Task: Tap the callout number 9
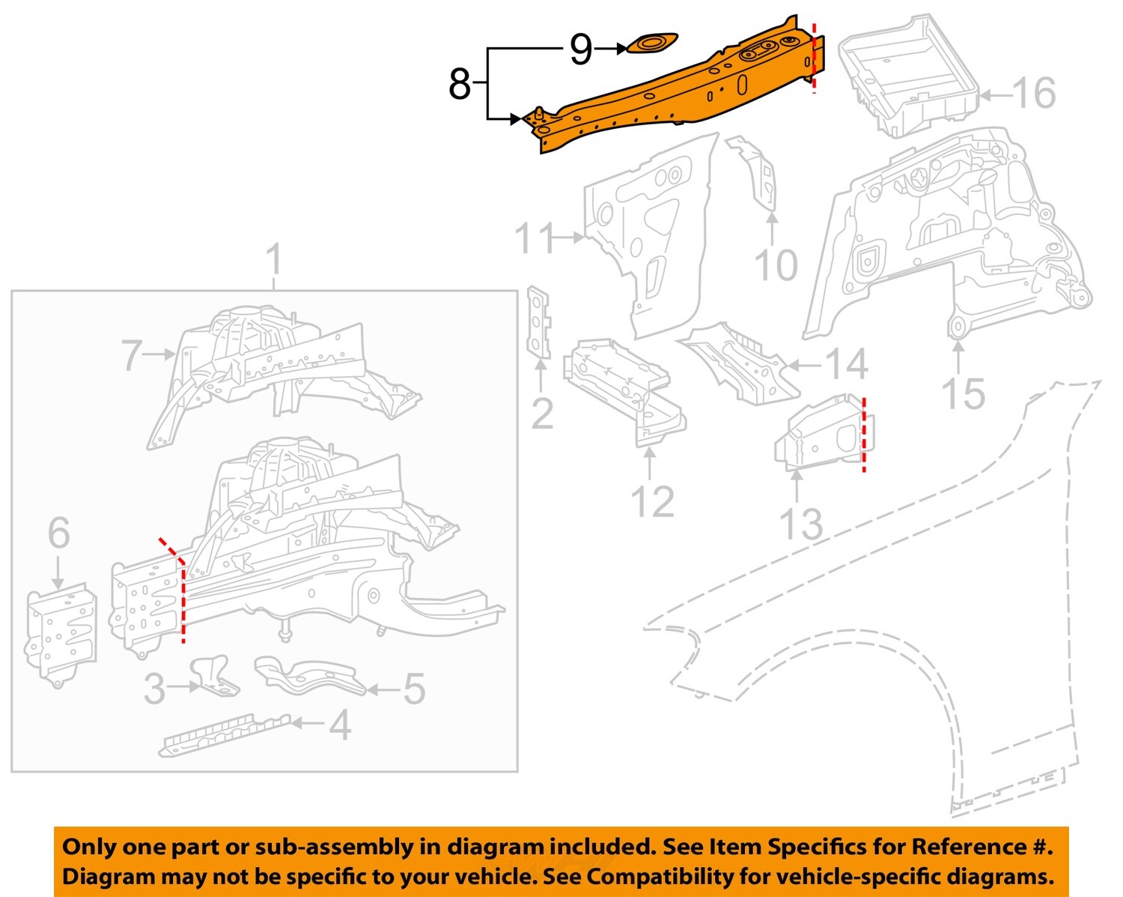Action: pyautogui.click(x=581, y=49)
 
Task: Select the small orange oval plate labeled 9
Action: pyautogui.click(x=651, y=43)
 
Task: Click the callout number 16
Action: pyautogui.click(x=1034, y=94)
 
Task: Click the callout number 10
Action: pyautogui.click(x=776, y=265)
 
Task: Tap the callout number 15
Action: pyautogui.click(x=962, y=394)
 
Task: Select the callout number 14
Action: pyautogui.click(x=846, y=365)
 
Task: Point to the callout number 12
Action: pyautogui.click(x=652, y=501)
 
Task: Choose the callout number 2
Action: pyautogui.click(x=541, y=414)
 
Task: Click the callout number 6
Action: pyautogui.click(x=58, y=533)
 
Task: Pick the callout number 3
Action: pyautogui.click(x=154, y=689)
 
